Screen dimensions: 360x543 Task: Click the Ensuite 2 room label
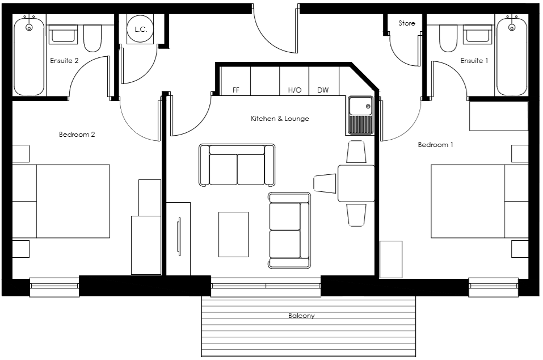tap(64, 61)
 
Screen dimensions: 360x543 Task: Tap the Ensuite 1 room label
tap(474, 61)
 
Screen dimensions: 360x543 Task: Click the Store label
tap(407, 23)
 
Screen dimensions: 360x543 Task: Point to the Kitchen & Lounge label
tap(280, 119)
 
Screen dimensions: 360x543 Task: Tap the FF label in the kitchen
tap(236, 90)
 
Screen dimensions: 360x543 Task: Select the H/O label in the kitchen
tap(294, 90)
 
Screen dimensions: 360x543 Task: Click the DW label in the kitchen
tap(323, 90)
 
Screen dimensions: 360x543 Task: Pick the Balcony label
tap(301, 316)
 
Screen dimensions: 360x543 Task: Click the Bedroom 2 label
tap(77, 135)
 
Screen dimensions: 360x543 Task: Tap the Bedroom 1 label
tap(435, 145)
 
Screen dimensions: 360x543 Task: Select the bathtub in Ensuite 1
tap(512, 57)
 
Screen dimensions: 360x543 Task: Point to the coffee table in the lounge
tap(233, 234)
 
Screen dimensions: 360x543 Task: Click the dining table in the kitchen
tap(356, 183)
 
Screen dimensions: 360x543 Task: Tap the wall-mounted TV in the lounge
tap(179, 237)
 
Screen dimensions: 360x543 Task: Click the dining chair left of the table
tap(325, 183)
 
